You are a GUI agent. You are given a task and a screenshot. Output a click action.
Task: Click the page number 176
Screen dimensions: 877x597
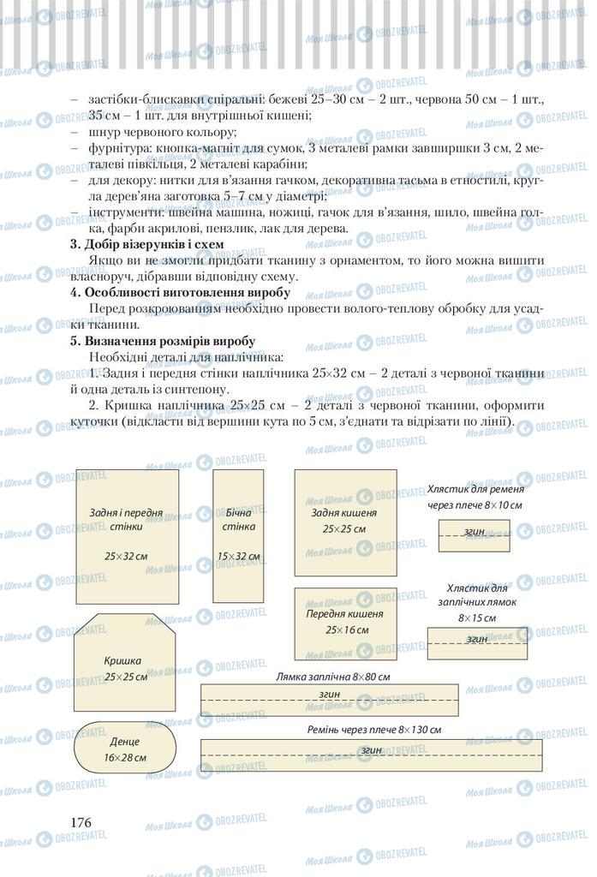click(x=81, y=822)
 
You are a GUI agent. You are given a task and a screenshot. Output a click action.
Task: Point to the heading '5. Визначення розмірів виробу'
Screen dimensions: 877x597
click(x=162, y=340)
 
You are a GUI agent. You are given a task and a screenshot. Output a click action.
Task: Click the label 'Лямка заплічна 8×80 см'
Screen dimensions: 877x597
click(x=332, y=677)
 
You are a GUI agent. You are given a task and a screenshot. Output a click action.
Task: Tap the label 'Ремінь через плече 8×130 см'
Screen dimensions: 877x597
click(x=374, y=730)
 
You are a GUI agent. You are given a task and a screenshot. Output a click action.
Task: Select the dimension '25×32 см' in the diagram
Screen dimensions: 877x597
click(x=126, y=556)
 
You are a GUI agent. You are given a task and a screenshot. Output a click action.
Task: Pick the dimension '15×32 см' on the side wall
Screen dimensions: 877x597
click(x=238, y=556)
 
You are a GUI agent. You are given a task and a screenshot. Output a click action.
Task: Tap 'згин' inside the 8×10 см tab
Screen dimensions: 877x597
click(x=475, y=532)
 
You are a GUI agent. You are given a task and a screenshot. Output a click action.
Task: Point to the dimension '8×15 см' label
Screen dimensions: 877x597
click(x=477, y=617)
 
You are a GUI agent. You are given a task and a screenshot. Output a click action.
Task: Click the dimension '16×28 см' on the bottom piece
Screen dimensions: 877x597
click(x=125, y=758)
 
